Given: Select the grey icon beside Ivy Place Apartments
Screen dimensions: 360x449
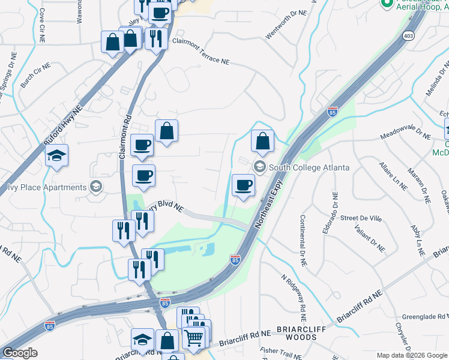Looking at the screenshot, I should click(x=95, y=187).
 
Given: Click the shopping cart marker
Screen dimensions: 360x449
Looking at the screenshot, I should click(x=194, y=338).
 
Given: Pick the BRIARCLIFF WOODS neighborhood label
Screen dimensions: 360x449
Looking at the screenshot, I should click(x=297, y=334).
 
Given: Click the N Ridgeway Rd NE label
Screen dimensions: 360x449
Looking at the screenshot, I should click(x=295, y=298).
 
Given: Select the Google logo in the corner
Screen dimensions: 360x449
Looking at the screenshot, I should click(x=19, y=353).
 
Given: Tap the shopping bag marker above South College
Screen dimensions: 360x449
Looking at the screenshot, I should click(x=262, y=142).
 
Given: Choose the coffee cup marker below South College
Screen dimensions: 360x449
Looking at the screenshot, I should click(x=243, y=185).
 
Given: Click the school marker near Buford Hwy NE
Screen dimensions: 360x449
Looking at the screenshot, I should click(x=56, y=156).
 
